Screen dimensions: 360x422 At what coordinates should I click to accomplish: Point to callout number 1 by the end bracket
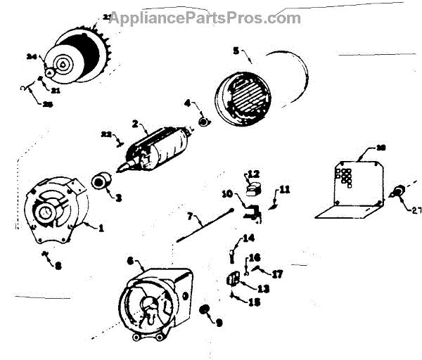pyautogui.click(x=101, y=227)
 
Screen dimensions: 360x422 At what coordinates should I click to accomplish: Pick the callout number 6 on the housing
pyautogui.click(x=130, y=260)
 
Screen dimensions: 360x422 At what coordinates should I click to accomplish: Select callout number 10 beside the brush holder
pyautogui.click(x=227, y=193)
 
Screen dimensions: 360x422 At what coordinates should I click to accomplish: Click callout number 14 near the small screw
pyautogui.click(x=248, y=238)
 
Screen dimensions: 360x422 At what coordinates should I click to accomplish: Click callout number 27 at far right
pyautogui.click(x=416, y=209)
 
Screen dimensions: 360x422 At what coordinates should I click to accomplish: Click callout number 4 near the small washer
pyautogui.click(x=188, y=103)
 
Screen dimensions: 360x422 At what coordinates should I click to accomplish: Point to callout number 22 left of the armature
pyautogui.click(x=106, y=134)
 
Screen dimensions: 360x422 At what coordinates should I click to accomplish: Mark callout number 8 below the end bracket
pyautogui.click(x=58, y=266)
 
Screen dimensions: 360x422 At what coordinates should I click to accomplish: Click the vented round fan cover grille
pyautogui.click(x=243, y=95)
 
